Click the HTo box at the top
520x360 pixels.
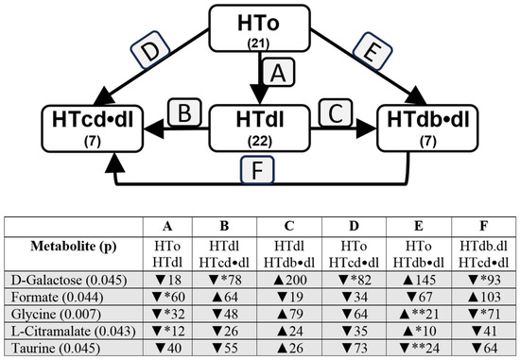[259, 28]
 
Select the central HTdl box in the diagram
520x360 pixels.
[259, 129]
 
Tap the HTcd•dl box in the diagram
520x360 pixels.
[93, 129]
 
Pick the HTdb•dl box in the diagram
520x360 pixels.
[427, 129]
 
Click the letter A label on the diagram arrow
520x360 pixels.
[279, 72]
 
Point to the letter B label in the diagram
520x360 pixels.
[184, 112]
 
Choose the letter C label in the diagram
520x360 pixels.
[336, 112]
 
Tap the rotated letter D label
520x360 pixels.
[150, 50]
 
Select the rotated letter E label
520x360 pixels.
[373, 51]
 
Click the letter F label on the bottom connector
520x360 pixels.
[257, 170]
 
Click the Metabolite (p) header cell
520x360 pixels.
[74, 247]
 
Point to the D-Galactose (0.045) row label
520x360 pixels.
[69, 280]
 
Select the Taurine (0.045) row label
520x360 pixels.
[56, 348]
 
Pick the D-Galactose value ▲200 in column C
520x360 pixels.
[289, 280]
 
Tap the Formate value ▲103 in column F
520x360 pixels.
[483, 297]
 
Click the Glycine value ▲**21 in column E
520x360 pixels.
[419, 314]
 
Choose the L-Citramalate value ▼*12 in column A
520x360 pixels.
[167, 331]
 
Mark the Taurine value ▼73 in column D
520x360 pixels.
[354, 348]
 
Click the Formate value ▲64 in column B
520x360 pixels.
[224, 297]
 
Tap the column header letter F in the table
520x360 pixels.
[483, 226]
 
